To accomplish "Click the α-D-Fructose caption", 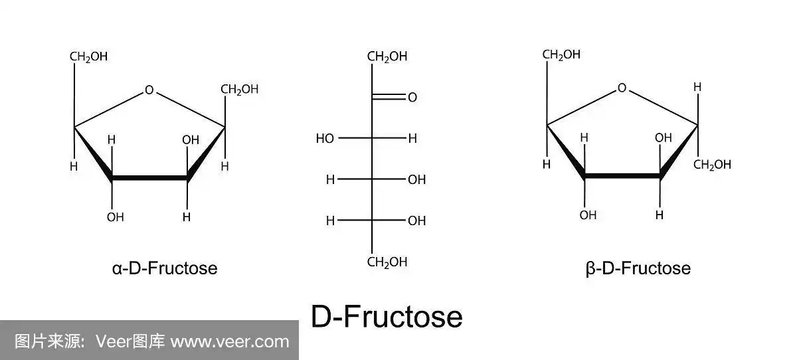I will click(x=165, y=268).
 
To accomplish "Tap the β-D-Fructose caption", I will click(x=638, y=268).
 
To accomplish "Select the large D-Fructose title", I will click(x=387, y=317).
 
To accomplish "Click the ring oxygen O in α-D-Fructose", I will click(x=149, y=90).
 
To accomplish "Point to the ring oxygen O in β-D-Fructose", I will click(x=622, y=88).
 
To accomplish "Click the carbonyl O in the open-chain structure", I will click(x=412, y=98).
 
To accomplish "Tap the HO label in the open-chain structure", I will click(x=325, y=139).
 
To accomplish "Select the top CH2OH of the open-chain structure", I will click(x=387, y=57).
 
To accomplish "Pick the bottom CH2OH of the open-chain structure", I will click(x=387, y=262).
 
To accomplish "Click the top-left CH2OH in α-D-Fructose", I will click(x=88, y=56).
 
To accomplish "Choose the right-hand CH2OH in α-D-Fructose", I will click(x=239, y=89).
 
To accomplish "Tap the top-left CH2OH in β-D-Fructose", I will click(x=561, y=54).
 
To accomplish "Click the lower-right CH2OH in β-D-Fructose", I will click(x=712, y=165).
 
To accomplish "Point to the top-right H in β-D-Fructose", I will click(x=697, y=87).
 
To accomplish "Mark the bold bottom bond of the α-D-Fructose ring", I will click(x=149, y=178).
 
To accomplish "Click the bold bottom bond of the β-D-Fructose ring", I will click(x=622, y=176).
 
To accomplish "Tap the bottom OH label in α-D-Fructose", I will click(x=115, y=217).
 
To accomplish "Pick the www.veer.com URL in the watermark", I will click(x=230, y=342).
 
